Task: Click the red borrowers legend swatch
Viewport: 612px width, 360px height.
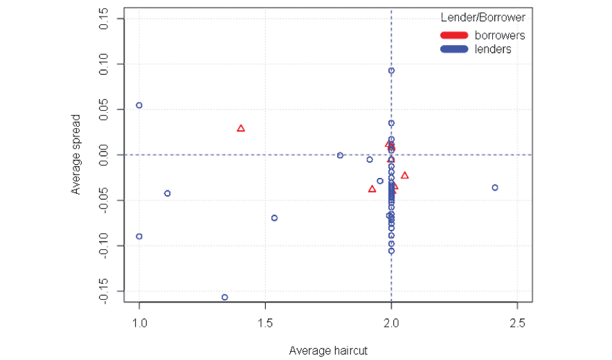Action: (454, 35)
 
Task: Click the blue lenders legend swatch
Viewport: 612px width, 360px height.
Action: (454, 49)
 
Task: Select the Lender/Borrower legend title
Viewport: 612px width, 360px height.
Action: (483, 17)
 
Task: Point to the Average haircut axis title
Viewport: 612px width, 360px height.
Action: (327, 350)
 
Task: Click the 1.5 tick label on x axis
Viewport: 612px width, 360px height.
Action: (265, 323)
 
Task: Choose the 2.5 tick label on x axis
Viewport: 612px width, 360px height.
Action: (517, 323)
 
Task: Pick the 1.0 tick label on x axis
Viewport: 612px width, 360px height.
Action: (139, 323)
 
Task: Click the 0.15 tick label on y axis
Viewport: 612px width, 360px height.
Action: (103, 19)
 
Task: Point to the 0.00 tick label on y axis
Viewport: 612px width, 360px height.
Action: (103, 155)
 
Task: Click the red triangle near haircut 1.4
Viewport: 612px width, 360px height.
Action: (241, 128)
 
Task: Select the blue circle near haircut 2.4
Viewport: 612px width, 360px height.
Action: (495, 188)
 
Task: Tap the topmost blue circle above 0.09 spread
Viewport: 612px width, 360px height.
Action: (391, 71)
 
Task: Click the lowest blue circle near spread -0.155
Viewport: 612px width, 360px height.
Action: (225, 297)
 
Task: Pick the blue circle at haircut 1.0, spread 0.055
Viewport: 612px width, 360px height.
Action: (139, 105)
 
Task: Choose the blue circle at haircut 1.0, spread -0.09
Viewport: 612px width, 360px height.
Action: (139, 236)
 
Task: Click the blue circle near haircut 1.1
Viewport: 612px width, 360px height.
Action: (167, 193)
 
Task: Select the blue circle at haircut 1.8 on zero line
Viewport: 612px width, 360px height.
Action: (340, 155)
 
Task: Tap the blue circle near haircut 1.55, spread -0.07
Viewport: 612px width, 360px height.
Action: (274, 218)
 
